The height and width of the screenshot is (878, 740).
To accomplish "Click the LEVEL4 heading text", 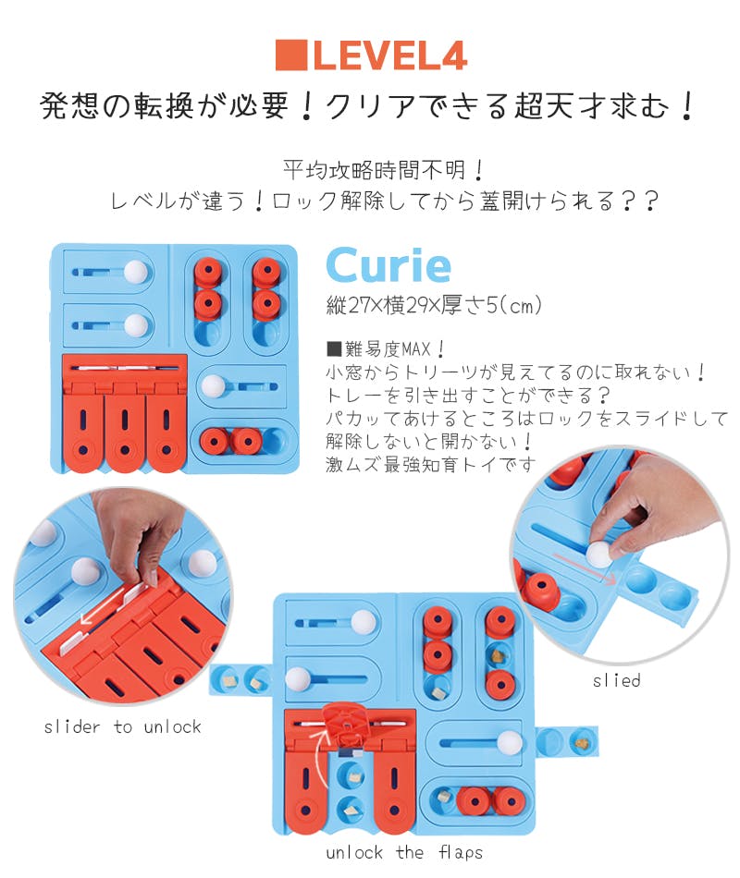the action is (389, 55).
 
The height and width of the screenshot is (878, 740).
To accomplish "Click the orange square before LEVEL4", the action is (291, 55).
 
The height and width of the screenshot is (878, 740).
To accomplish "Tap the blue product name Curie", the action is (388, 265).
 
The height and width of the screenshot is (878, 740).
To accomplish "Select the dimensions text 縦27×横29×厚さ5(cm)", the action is (434, 306).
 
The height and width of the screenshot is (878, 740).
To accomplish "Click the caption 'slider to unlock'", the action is (122, 726).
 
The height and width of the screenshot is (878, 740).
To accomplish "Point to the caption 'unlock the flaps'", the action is (404, 853).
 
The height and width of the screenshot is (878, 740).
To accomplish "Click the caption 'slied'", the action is (616, 680).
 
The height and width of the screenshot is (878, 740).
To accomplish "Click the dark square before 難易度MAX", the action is (334, 349).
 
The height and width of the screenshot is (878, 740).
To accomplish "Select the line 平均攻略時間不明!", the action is (384, 170).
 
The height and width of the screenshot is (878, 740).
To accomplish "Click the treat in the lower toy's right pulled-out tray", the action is (581, 743).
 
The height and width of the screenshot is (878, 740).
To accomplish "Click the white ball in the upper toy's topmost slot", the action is (135, 272).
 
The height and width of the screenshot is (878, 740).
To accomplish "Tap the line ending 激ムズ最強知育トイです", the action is (430, 464).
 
